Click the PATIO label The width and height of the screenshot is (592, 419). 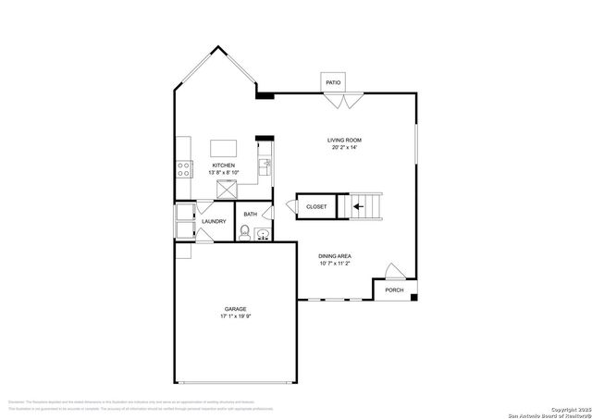pyautogui.click(x=333, y=83)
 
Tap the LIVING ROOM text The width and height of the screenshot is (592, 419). pyautogui.click(x=343, y=140)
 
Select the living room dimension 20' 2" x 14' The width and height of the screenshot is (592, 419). pyautogui.click(x=343, y=148)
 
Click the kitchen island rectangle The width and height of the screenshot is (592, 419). pyautogui.click(x=225, y=148)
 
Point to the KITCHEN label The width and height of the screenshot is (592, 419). pyautogui.click(x=224, y=166)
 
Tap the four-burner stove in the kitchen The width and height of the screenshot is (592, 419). pyautogui.click(x=184, y=168)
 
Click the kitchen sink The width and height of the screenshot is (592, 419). pyautogui.click(x=264, y=166)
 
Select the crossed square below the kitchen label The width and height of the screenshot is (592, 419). pyautogui.click(x=226, y=189)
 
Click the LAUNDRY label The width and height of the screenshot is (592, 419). pyautogui.click(x=214, y=222)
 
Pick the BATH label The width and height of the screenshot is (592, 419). pyautogui.click(x=251, y=216)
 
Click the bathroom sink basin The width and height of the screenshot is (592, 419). pyautogui.click(x=263, y=234)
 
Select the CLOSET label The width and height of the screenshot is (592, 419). pyautogui.click(x=316, y=206)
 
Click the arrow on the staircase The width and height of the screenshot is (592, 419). pyautogui.click(x=357, y=206)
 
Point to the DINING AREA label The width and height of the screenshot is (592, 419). pyautogui.click(x=335, y=256)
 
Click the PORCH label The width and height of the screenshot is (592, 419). pyautogui.click(x=395, y=290)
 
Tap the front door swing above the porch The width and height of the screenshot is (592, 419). pyautogui.click(x=393, y=271)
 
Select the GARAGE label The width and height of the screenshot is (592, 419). pyautogui.click(x=235, y=309)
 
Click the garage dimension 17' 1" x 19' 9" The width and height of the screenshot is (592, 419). pyautogui.click(x=235, y=317)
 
